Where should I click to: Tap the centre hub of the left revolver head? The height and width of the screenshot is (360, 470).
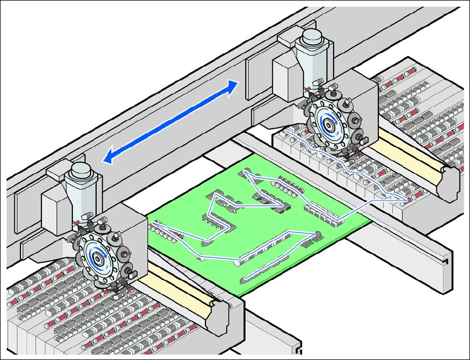tap(100, 256)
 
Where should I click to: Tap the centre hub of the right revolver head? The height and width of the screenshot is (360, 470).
tap(329, 124)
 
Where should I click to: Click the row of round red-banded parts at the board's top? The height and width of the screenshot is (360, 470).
tap(287, 184)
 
